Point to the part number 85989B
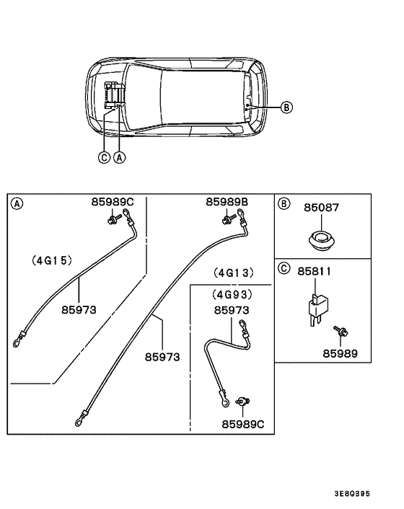click(227, 202)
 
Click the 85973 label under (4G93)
click(232, 310)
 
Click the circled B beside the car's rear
click(286, 107)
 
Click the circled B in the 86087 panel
click(284, 204)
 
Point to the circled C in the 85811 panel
click(284, 268)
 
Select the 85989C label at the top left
click(112, 202)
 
